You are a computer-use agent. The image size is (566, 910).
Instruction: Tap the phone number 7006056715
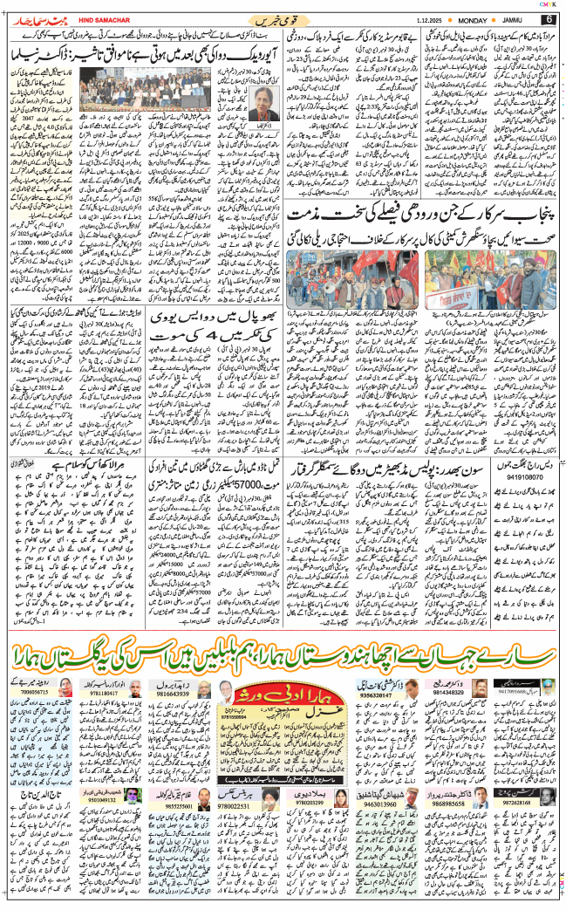coord(35,691)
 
